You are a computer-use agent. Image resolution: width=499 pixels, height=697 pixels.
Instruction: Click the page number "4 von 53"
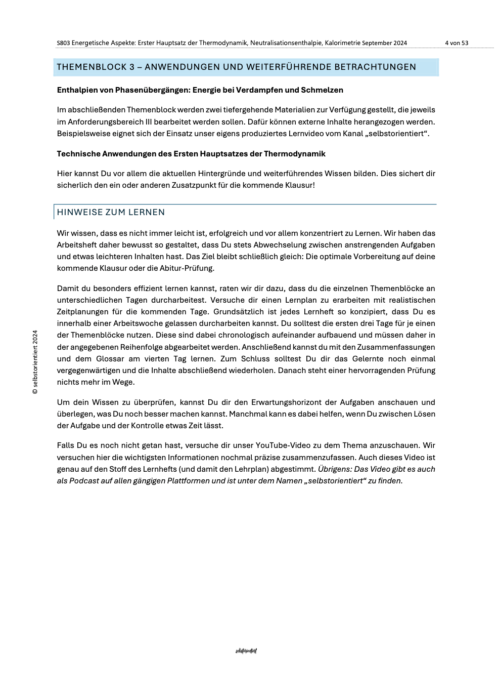tap(457, 43)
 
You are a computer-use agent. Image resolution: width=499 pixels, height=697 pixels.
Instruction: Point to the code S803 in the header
tap(63, 43)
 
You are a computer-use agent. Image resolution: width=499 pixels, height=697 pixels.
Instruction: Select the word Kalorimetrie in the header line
tap(342, 43)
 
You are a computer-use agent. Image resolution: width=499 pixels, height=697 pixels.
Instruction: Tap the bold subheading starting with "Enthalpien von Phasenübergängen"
tap(200, 90)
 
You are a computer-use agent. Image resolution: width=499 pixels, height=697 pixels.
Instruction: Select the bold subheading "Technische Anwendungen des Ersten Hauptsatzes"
tap(191, 154)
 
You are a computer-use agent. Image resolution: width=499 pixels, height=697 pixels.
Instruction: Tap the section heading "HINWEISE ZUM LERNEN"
tap(111, 212)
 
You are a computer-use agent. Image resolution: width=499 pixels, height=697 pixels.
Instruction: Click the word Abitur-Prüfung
tap(188, 268)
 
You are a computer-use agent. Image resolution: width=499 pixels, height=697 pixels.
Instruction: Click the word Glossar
tap(110, 359)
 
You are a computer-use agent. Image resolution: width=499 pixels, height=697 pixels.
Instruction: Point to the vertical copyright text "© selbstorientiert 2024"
tap(35, 362)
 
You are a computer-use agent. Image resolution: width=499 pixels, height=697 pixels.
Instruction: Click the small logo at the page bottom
tap(246, 651)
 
